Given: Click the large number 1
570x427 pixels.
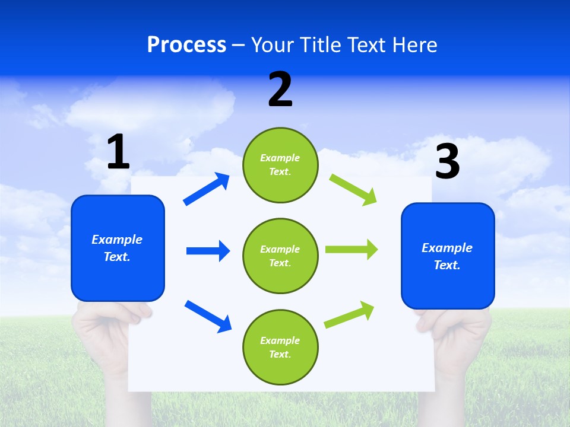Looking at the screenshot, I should (118, 152).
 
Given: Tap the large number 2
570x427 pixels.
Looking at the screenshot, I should (280, 90).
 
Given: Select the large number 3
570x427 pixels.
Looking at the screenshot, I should (447, 161).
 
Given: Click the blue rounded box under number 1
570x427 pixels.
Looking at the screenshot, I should (118, 248).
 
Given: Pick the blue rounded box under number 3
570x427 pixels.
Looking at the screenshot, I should (448, 256).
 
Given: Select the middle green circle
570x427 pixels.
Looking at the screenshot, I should (280, 256).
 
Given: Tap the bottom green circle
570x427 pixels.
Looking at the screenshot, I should (280, 347).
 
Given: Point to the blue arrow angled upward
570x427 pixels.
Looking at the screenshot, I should (207, 189).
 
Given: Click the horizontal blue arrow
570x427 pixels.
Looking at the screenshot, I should (208, 251).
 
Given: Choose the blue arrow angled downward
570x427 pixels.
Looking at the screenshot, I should (208, 316).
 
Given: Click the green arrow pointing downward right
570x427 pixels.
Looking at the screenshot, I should (353, 190).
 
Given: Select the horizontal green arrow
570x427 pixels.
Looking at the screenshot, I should (351, 250).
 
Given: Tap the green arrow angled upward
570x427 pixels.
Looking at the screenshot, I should (349, 315).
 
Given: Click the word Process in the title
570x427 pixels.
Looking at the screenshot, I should (186, 44).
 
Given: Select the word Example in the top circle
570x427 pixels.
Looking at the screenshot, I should (280, 158).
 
